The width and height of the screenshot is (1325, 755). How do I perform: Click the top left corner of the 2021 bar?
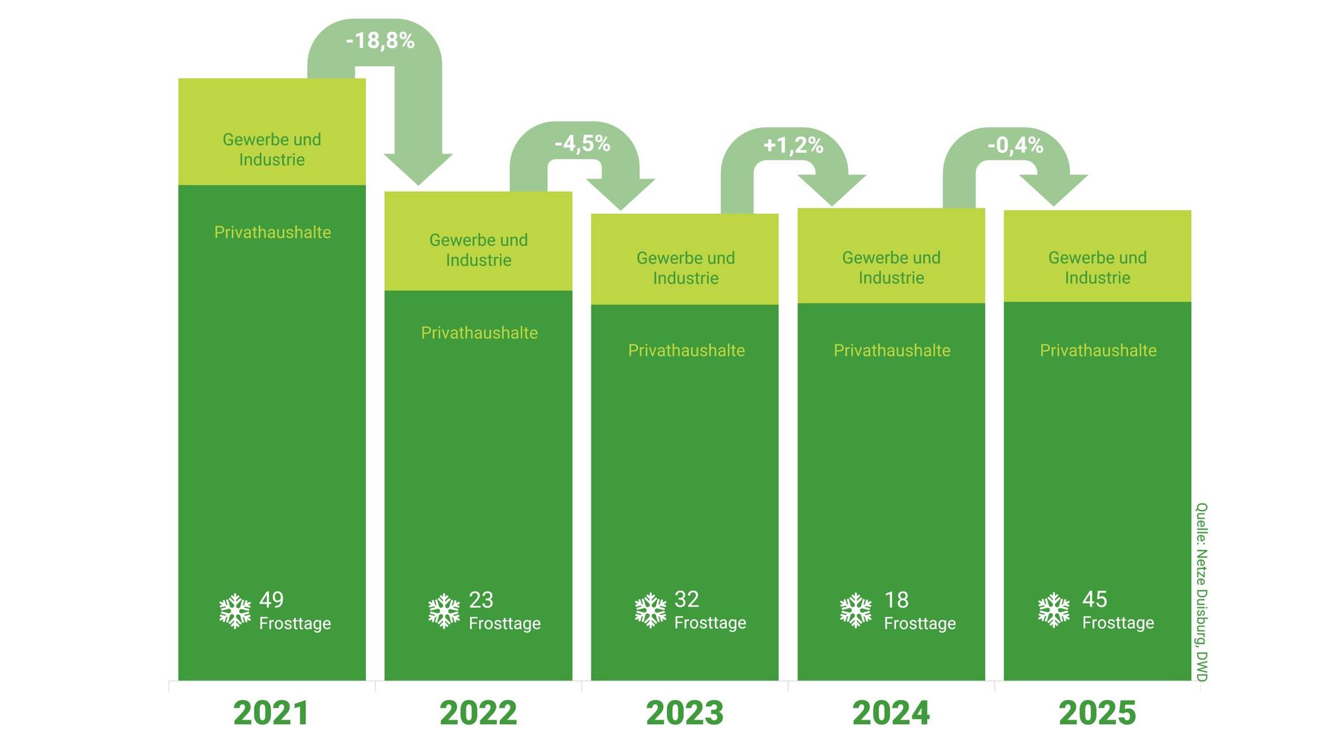[x=179, y=78]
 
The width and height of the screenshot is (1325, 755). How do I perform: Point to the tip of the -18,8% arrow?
[x=418, y=186]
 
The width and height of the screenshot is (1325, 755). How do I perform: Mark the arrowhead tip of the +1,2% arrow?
[x=832, y=206]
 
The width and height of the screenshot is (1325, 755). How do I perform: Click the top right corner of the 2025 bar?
[x=1191, y=210]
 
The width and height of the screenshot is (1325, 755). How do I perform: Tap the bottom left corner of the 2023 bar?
[x=591, y=681]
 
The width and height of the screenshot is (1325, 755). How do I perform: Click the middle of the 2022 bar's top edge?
[x=478, y=191]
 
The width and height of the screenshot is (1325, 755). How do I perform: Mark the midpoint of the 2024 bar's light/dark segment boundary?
[x=891, y=303]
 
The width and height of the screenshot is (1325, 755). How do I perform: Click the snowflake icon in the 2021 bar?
[x=235, y=610]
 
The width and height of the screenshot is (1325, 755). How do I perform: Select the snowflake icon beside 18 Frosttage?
[x=856, y=610]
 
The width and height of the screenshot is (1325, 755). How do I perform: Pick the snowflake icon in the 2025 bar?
[x=1054, y=610]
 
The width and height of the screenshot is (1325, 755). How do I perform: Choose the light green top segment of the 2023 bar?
[x=685, y=259]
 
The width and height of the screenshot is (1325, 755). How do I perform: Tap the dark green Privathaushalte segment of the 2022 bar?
[x=478, y=485]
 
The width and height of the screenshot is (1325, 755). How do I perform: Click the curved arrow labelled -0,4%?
[x=1015, y=167]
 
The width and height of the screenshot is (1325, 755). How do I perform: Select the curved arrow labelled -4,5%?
[x=582, y=166]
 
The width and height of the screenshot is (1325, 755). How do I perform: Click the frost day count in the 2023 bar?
[x=686, y=599]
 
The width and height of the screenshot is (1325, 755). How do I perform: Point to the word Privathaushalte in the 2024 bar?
[x=892, y=350]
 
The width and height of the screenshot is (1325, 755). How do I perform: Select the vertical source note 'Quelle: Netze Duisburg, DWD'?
[x=1202, y=592]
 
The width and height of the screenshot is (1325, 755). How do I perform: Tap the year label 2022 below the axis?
[x=478, y=713]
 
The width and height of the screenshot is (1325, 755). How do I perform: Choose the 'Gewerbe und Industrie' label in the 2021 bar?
[x=272, y=149]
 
